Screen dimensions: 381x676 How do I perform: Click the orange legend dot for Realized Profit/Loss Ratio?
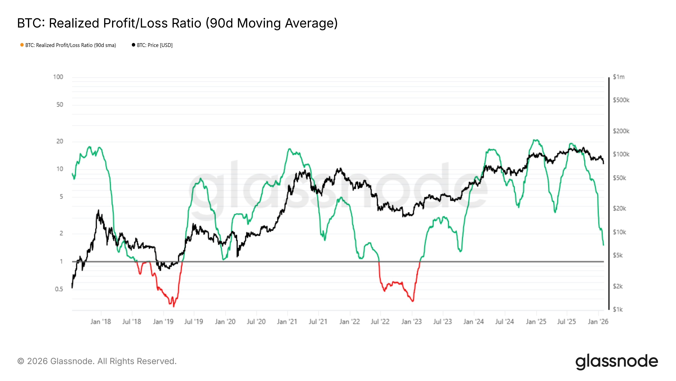click(x=22, y=45)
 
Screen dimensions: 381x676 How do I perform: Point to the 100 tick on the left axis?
click(x=58, y=77)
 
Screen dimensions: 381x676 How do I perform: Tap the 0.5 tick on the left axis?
click(x=59, y=289)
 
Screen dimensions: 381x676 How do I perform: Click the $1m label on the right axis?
click(x=619, y=77)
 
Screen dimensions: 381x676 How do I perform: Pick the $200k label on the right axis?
click(x=621, y=131)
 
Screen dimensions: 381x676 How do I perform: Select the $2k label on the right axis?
click(x=618, y=286)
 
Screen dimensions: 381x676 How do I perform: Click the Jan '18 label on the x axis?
click(x=101, y=322)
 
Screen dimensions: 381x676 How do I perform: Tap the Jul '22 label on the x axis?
click(x=380, y=322)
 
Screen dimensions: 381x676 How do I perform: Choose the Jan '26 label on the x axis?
click(x=598, y=322)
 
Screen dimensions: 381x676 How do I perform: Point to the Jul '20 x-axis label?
click(x=256, y=322)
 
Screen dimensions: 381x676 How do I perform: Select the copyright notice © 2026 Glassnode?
click(x=97, y=361)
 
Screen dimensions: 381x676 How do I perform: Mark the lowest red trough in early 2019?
click(x=173, y=306)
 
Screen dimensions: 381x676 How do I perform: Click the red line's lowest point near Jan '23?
click(x=413, y=301)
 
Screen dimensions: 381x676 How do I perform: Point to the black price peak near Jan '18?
click(x=98, y=210)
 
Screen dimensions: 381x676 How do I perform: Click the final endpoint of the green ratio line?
click(x=604, y=245)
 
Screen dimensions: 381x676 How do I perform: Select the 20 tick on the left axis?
click(x=60, y=141)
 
